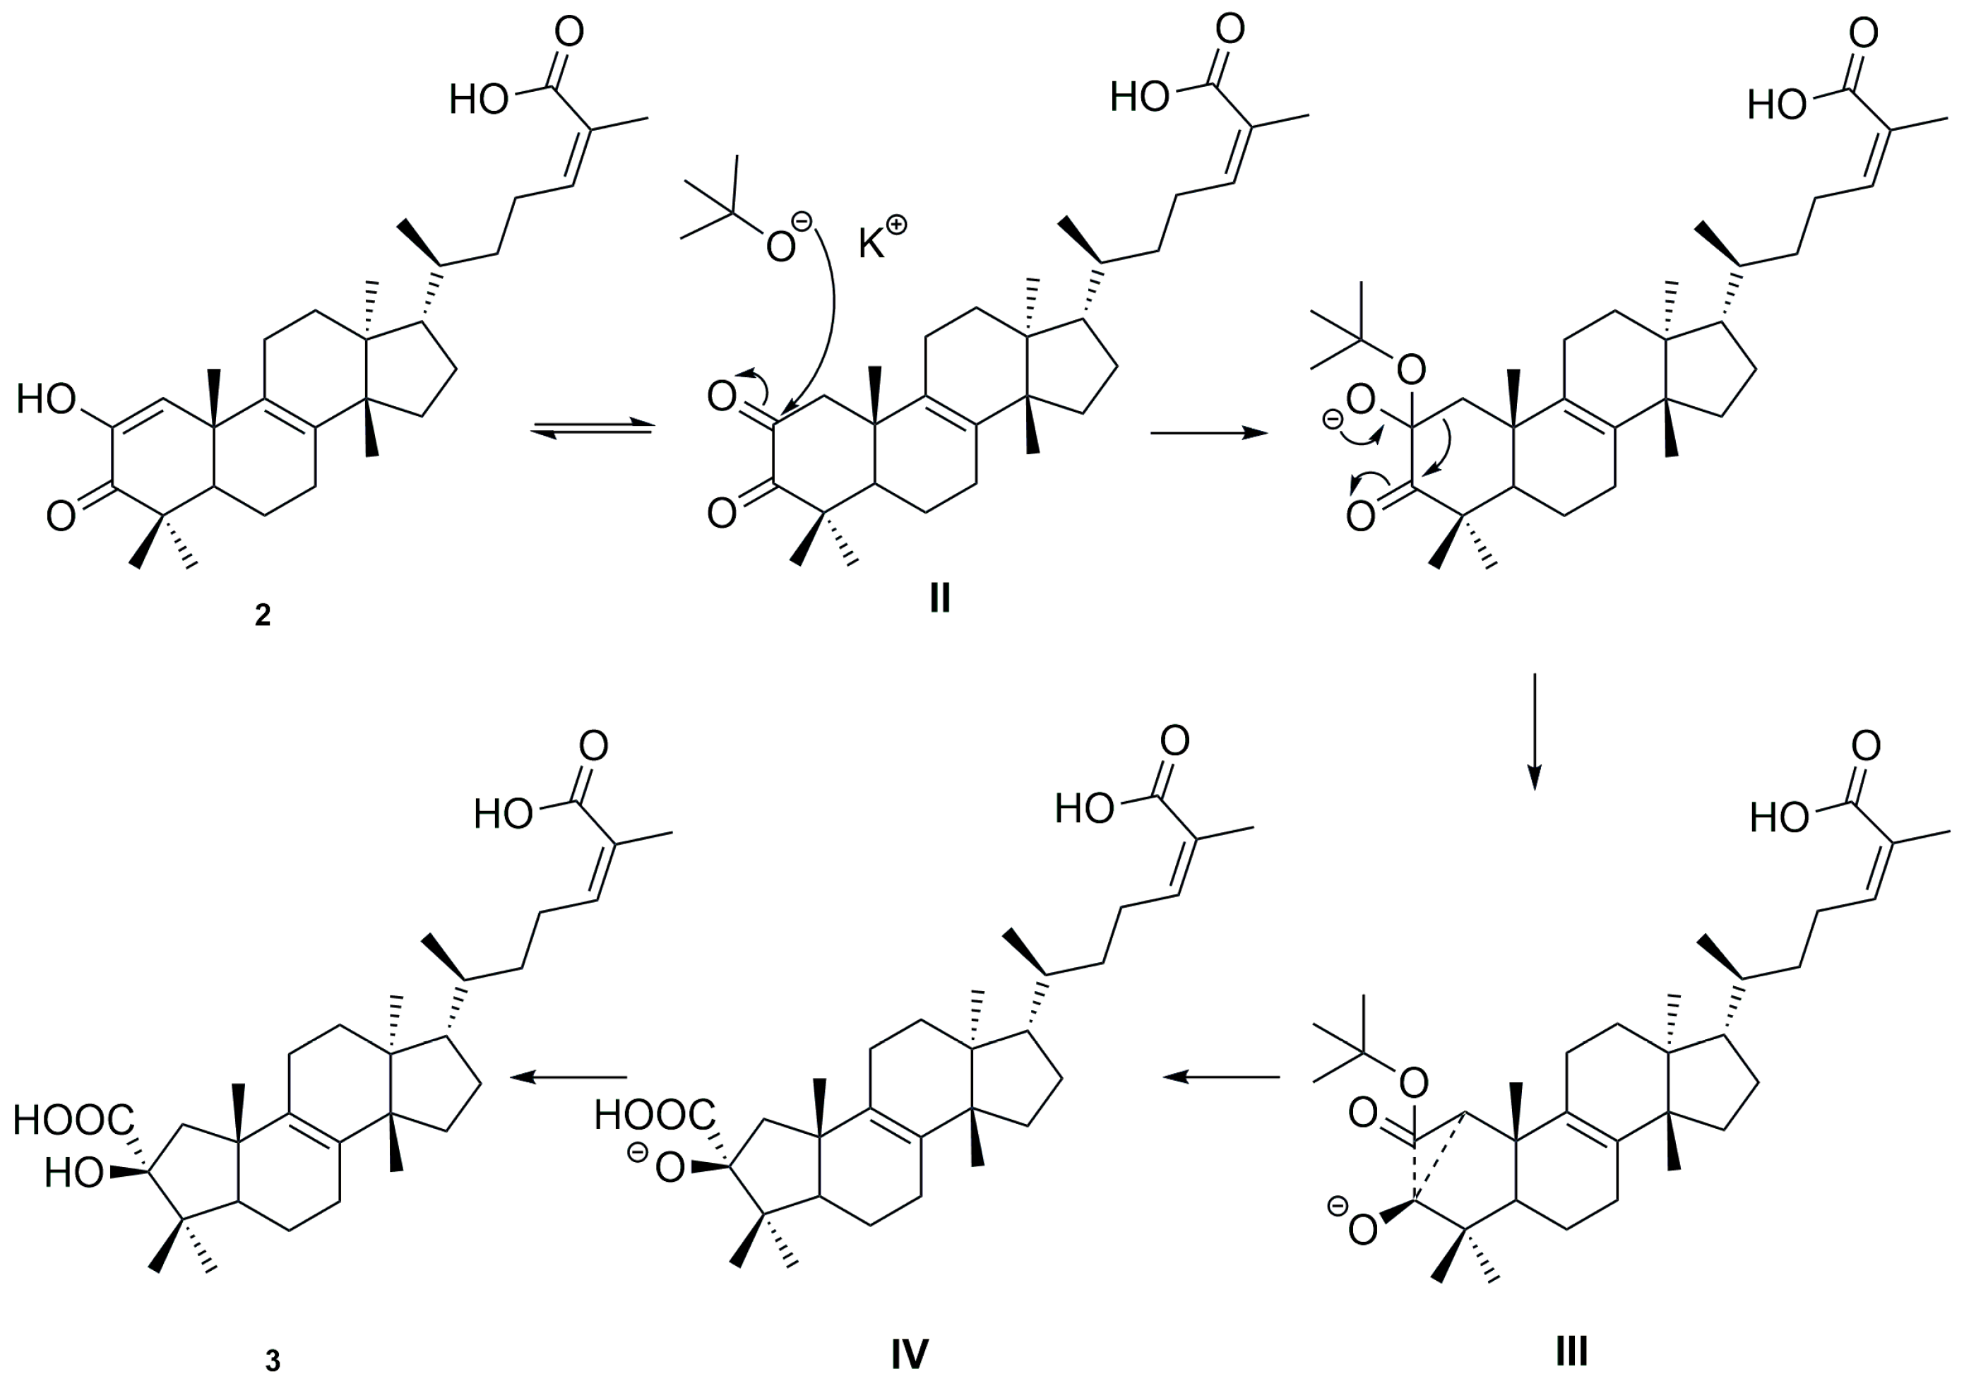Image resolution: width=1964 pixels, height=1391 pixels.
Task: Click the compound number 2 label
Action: pyautogui.click(x=263, y=615)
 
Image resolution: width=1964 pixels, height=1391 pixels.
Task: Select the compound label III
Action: pyautogui.click(x=1571, y=1351)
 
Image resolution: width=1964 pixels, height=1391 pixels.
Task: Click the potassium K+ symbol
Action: pyautogui.click(x=882, y=239)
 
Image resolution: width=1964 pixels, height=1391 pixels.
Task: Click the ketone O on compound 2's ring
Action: pyautogui.click(x=61, y=516)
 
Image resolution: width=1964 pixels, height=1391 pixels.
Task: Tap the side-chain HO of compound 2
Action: pyautogui.click(x=479, y=100)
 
